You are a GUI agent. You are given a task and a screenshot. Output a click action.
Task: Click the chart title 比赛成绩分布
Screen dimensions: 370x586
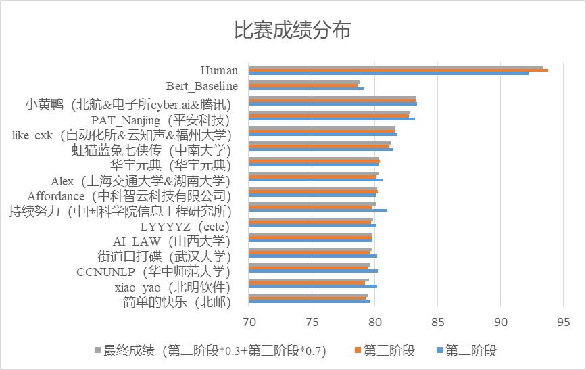click(292, 30)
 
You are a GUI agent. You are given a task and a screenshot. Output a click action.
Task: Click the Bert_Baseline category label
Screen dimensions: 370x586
click(202, 86)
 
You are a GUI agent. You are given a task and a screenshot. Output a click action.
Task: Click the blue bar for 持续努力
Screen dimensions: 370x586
click(318, 210)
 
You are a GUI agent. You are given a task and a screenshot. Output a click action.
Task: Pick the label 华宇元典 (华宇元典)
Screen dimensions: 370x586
click(170, 165)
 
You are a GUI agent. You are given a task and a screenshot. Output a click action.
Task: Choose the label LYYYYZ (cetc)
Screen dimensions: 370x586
click(185, 226)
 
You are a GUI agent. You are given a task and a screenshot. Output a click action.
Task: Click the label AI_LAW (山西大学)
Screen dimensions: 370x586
click(171, 241)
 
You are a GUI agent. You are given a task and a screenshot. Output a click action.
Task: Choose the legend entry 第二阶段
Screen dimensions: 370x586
click(470, 350)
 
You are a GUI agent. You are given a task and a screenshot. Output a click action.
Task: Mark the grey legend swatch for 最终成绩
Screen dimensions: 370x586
click(97, 350)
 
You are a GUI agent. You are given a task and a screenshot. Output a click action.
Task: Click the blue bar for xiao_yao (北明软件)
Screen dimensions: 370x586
click(313, 286)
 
